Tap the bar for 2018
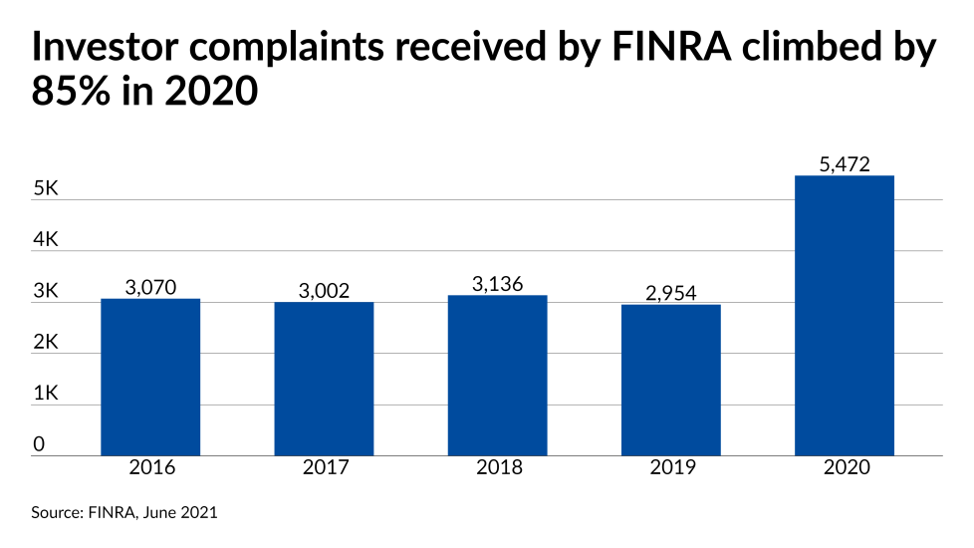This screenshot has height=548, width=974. [x=497, y=376]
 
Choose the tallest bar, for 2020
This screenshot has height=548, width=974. [x=844, y=316]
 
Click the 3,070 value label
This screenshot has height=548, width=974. [x=150, y=288]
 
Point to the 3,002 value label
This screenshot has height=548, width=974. [x=324, y=291]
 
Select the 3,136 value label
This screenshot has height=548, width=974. [x=497, y=284]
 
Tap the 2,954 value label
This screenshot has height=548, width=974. [x=670, y=293]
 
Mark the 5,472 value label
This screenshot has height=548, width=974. [x=844, y=164]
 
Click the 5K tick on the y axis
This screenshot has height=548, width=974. [x=46, y=188]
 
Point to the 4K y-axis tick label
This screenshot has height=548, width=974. [x=46, y=240]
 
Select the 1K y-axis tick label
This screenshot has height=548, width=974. [x=46, y=394]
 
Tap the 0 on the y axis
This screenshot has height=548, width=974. [x=38, y=444]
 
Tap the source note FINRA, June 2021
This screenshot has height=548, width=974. [x=124, y=513]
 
